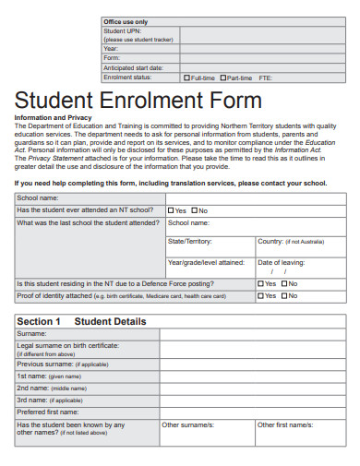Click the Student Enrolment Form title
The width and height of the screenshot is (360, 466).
point(138,100)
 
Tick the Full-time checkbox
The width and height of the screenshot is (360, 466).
point(186,78)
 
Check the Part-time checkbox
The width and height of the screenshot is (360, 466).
point(225,78)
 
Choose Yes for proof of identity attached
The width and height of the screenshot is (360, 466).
point(261,295)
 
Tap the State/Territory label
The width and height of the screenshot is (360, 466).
point(190,241)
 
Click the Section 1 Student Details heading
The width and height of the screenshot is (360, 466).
point(81,321)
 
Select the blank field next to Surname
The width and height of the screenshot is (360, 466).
point(245,332)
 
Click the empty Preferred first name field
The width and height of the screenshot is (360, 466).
point(245,412)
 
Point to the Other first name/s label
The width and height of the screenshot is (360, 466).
point(282,424)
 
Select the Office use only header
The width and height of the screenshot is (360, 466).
point(126,21)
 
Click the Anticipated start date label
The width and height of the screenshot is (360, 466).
point(133,67)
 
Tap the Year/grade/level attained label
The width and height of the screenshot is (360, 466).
point(206,262)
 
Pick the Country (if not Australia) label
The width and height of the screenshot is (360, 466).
point(290,241)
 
